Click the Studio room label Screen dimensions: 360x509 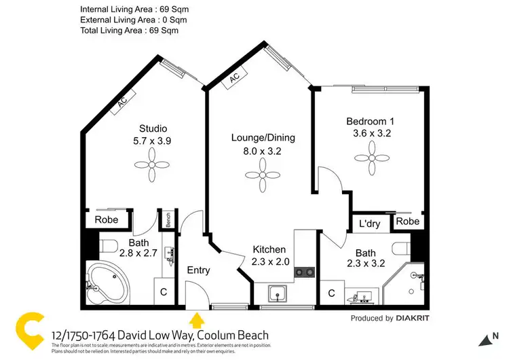(153, 128)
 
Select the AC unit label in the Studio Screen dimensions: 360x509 (122, 103)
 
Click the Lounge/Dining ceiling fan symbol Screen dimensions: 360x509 (263, 179)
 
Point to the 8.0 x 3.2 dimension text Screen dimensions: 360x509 (263, 151)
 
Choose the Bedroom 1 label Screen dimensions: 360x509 (371, 122)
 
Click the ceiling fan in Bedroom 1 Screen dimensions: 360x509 (370, 157)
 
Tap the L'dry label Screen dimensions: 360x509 (369, 223)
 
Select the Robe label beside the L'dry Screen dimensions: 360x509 (407, 221)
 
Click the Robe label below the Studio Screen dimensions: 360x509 (107, 219)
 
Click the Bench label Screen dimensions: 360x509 (166, 220)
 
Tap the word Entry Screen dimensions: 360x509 (198, 270)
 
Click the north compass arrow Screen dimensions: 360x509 (483, 340)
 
